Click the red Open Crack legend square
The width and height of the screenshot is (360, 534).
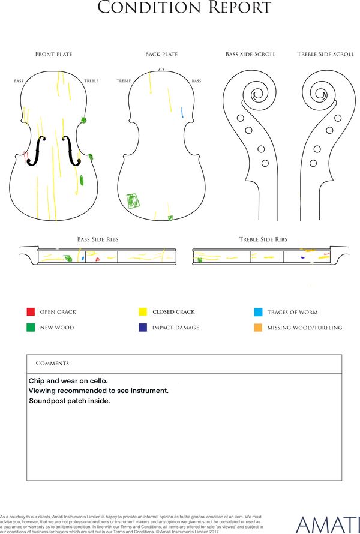(31, 311)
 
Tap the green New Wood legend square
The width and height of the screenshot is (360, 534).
(31, 327)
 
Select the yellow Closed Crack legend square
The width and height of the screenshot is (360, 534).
(143, 311)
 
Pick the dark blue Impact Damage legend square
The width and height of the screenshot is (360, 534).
(143, 327)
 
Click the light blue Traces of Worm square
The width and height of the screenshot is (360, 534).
(258, 312)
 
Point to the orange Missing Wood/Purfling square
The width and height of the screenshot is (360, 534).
(258, 328)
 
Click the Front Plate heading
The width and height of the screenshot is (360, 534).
(54, 54)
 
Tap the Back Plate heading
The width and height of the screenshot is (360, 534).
(161, 54)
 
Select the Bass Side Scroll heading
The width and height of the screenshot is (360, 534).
(250, 54)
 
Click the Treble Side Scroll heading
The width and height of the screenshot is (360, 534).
(326, 54)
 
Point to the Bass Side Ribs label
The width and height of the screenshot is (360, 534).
(98, 239)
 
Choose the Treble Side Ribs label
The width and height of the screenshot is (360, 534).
(263, 239)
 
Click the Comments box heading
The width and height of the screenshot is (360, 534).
(52, 363)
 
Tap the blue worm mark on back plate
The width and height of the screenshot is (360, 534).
(182, 112)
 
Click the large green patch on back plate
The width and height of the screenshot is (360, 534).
(133, 200)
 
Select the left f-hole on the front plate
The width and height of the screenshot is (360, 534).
(37, 151)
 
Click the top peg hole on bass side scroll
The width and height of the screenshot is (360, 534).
(240, 118)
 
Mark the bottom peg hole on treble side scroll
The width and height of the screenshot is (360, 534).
(313, 163)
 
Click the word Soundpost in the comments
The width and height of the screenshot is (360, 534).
(47, 401)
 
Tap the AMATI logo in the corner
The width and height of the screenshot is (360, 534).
(328, 525)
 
